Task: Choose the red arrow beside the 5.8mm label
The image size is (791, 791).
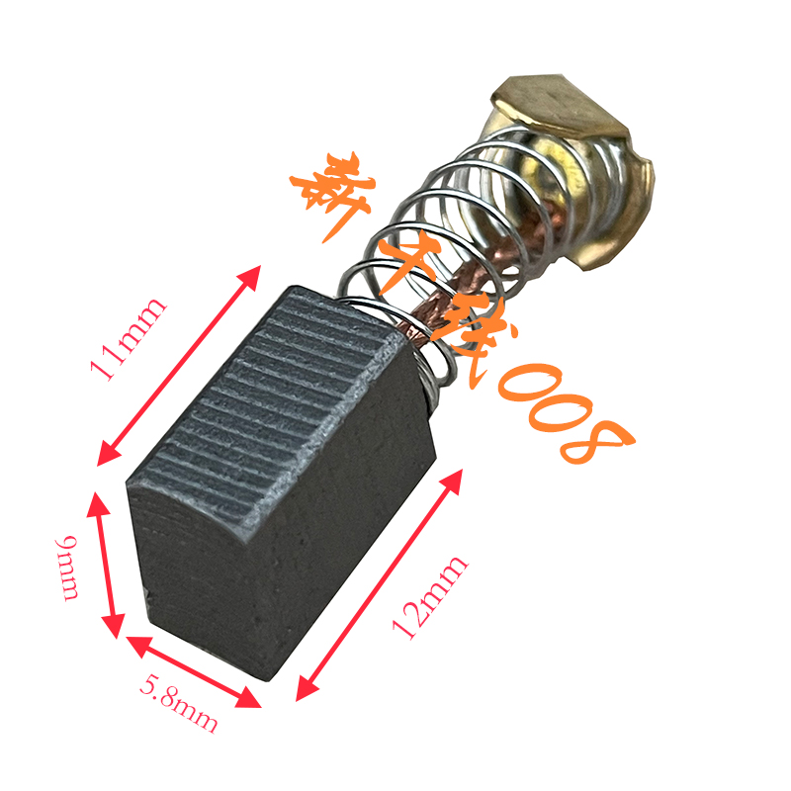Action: click(x=194, y=672)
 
